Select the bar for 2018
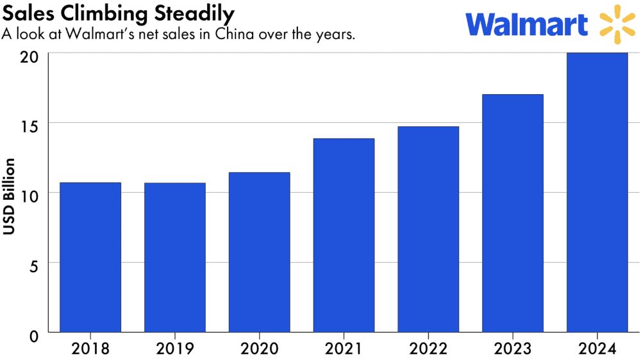pyautogui.click(x=90, y=257)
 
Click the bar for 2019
pyautogui.click(x=175, y=257)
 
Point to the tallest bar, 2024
pyautogui.click(x=597, y=192)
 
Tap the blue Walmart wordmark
pyautogui.click(x=527, y=24)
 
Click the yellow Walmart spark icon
pyautogui.click(x=617, y=24)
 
